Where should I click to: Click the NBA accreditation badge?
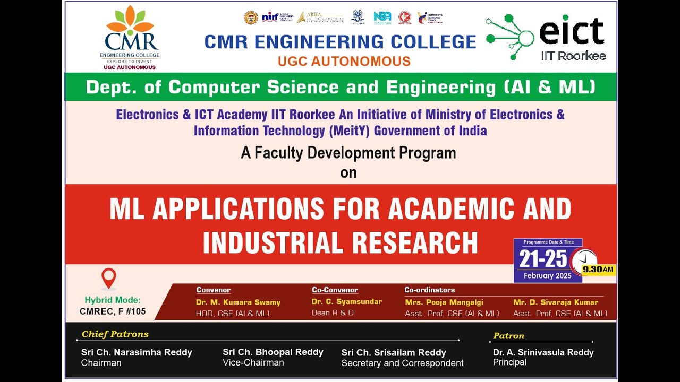click(x=382, y=17)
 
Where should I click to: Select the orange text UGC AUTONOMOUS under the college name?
click(x=344, y=61)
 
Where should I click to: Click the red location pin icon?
click(x=109, y=278)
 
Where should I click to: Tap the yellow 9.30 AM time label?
click(x=598, y=269)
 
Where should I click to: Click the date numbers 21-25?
click(x=543, y=259)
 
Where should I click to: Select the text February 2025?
click(x=547, y=275)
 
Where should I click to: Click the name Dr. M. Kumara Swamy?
click(x=238, y=302)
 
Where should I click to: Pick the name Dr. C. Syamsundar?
click(x=346, y=301)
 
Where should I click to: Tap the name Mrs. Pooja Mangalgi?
click(x=444, y=302)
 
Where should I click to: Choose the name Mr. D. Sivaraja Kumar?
click(x=556, y=302)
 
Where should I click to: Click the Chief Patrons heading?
click(x=115, y=334)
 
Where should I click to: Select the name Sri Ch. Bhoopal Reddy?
click(x=273, y=352)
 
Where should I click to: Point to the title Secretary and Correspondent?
click(x=402, y=363)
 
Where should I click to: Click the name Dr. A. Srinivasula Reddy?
click(x=543, y=352)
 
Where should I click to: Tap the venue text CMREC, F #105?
click(x=113, y=311)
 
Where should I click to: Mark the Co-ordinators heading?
click(x=429, y=290)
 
